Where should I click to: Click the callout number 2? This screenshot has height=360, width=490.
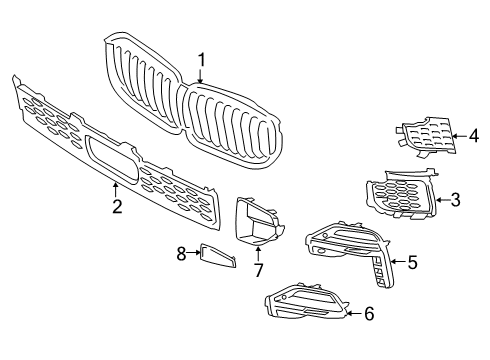click(x=117, y=206)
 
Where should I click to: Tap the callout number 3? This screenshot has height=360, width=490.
click(x=456, y=200)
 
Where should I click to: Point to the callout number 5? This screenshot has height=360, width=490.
click(x=411, y=264)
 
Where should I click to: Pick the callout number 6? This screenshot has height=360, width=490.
click(x=369, y=314)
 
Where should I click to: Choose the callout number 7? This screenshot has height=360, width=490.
click(x=257, y=270)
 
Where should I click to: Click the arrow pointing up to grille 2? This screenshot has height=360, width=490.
click(x=117, y=190)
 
